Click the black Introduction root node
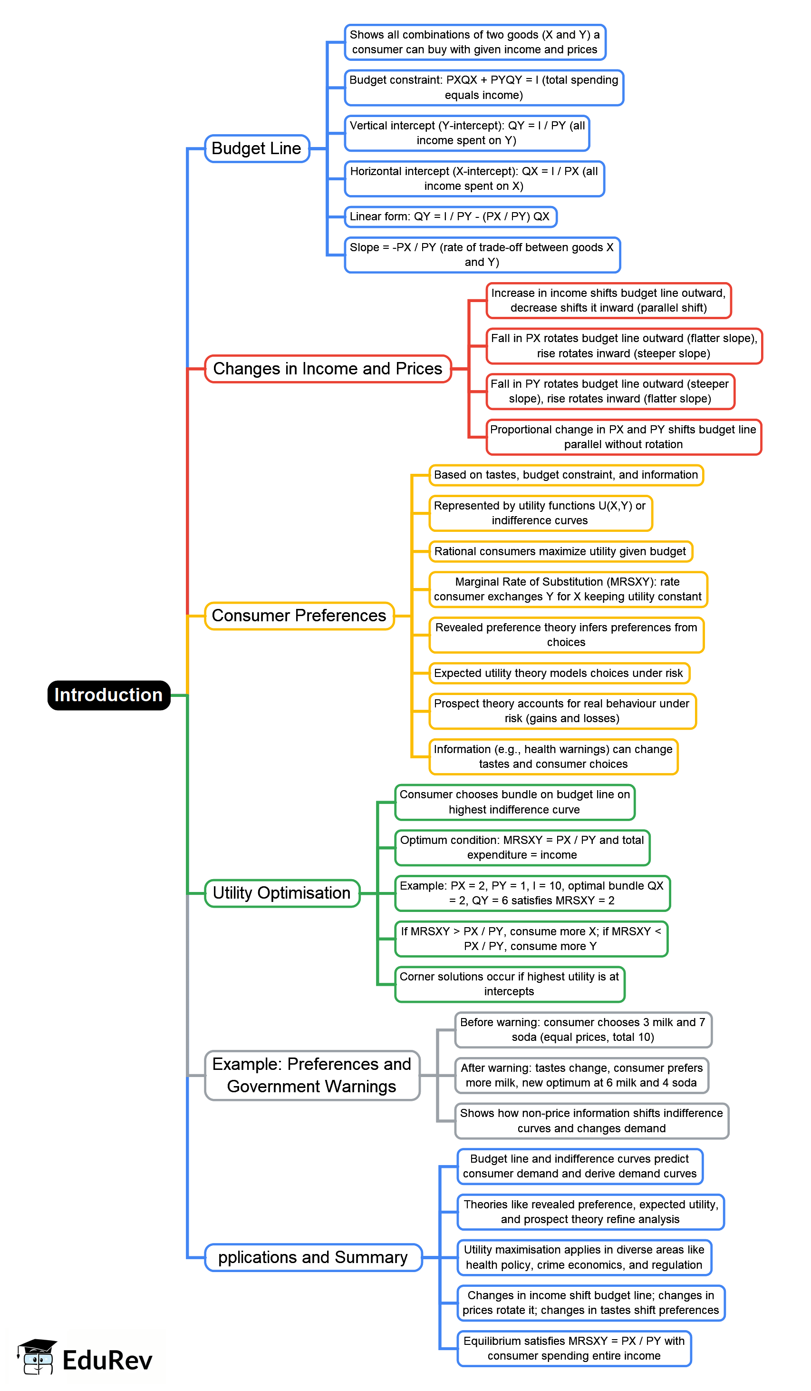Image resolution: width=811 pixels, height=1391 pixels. (109, 695)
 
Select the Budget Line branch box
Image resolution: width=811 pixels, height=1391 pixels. (257, 148)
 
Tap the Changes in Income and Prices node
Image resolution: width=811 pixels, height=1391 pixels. (328, 369)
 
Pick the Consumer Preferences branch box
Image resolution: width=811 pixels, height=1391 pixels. (299, 616)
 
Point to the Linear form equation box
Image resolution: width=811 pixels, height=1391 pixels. (450, 216)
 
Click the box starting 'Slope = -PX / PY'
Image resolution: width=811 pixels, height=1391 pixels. (482, 255)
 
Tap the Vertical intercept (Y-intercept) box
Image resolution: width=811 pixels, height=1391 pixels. (467, 133)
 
